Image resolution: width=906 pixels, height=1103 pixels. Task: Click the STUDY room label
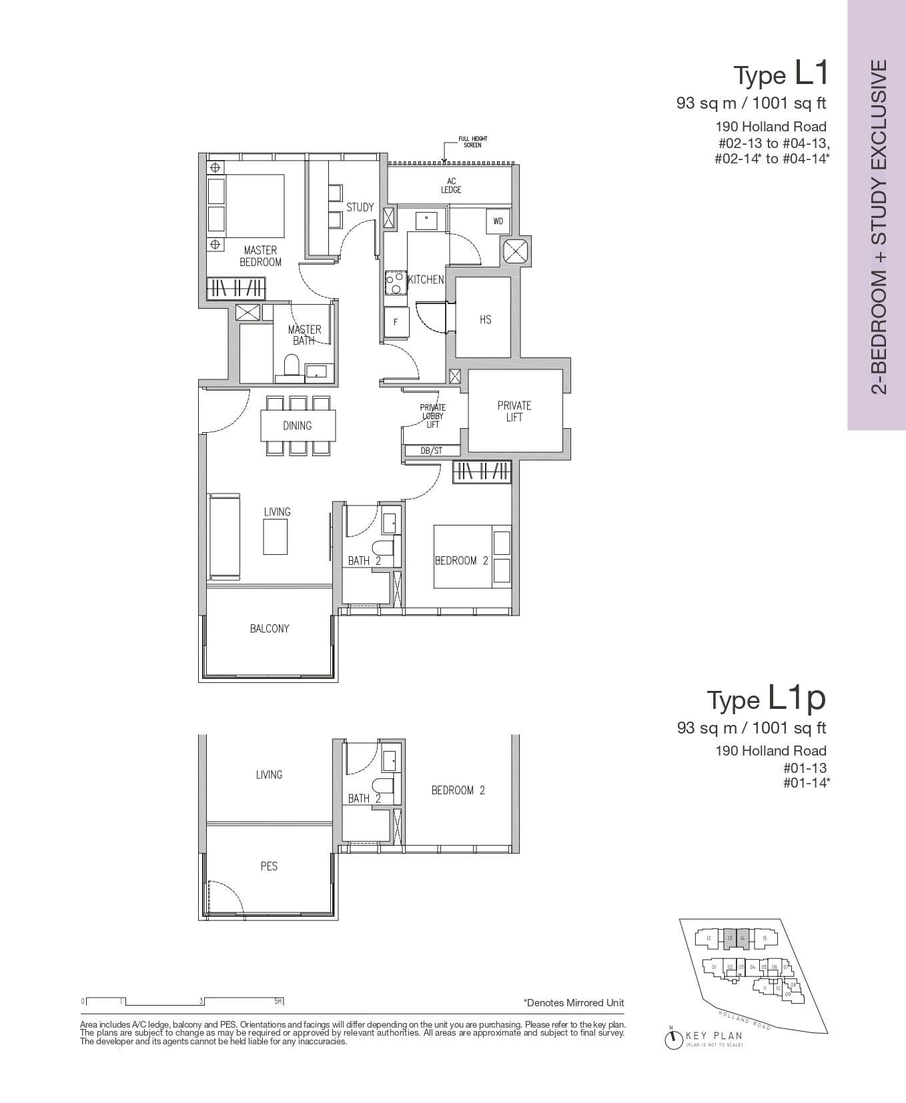[x=360, y=207]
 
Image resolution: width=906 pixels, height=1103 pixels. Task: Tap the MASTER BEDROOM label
[x=260, y=256]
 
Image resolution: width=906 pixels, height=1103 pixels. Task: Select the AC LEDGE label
[x=451, y=185]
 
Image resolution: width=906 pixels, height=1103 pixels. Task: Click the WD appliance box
[x=498, y=221]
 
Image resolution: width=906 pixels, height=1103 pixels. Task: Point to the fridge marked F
[x=396, y=322]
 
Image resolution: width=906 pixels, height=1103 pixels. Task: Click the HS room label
[x=485, y=319]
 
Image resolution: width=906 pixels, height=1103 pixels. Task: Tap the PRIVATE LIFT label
[x=514, y=411]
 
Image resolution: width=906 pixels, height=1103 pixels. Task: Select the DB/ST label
[x=432, y=451]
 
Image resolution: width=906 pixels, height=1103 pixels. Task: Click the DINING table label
[x=297, y=425]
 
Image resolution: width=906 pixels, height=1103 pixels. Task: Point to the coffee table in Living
[x=275, y=537]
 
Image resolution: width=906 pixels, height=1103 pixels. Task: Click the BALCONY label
[x=270, y=628]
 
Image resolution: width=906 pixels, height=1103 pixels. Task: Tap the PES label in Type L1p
[x=269, y=866]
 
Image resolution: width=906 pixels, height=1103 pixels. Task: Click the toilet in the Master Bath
[x=292, y=365]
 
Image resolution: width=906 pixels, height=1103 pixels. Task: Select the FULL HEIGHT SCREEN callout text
[x=472, y=142]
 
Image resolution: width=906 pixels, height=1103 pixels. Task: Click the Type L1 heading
[x=781, y=73]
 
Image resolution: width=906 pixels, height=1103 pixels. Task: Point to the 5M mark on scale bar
[x=279, y=1001]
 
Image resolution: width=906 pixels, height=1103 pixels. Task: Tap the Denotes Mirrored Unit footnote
[x=574, y=1002]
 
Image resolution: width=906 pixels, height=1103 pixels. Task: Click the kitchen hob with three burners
[x=394, y=283]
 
